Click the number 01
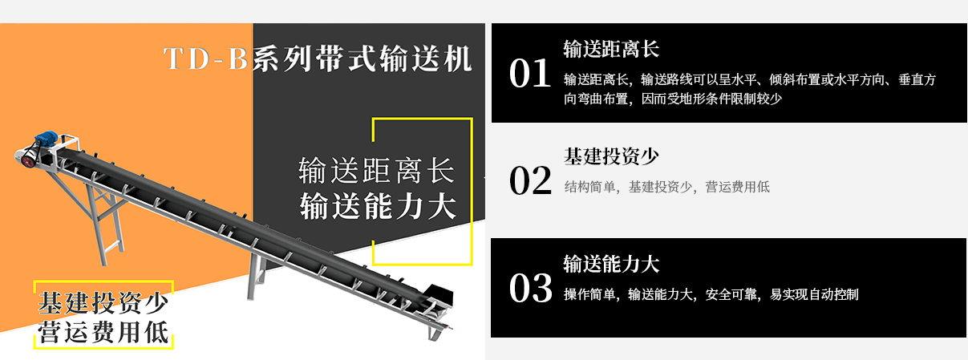point(530,73)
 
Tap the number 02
point(530,180)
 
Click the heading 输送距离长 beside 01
point(611,49)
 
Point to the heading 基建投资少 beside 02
point(611,156)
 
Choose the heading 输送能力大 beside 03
point(611,264)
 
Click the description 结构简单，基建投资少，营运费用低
point(666,187)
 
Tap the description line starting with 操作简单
point(711,294)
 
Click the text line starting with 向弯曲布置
point(672,99)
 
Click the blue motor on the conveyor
point(47,138)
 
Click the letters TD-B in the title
point(205,59)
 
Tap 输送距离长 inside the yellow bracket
point(376,170)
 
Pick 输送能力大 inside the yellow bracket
point(378,206)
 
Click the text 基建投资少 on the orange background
point(103,302)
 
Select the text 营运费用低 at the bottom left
point(103,332)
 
